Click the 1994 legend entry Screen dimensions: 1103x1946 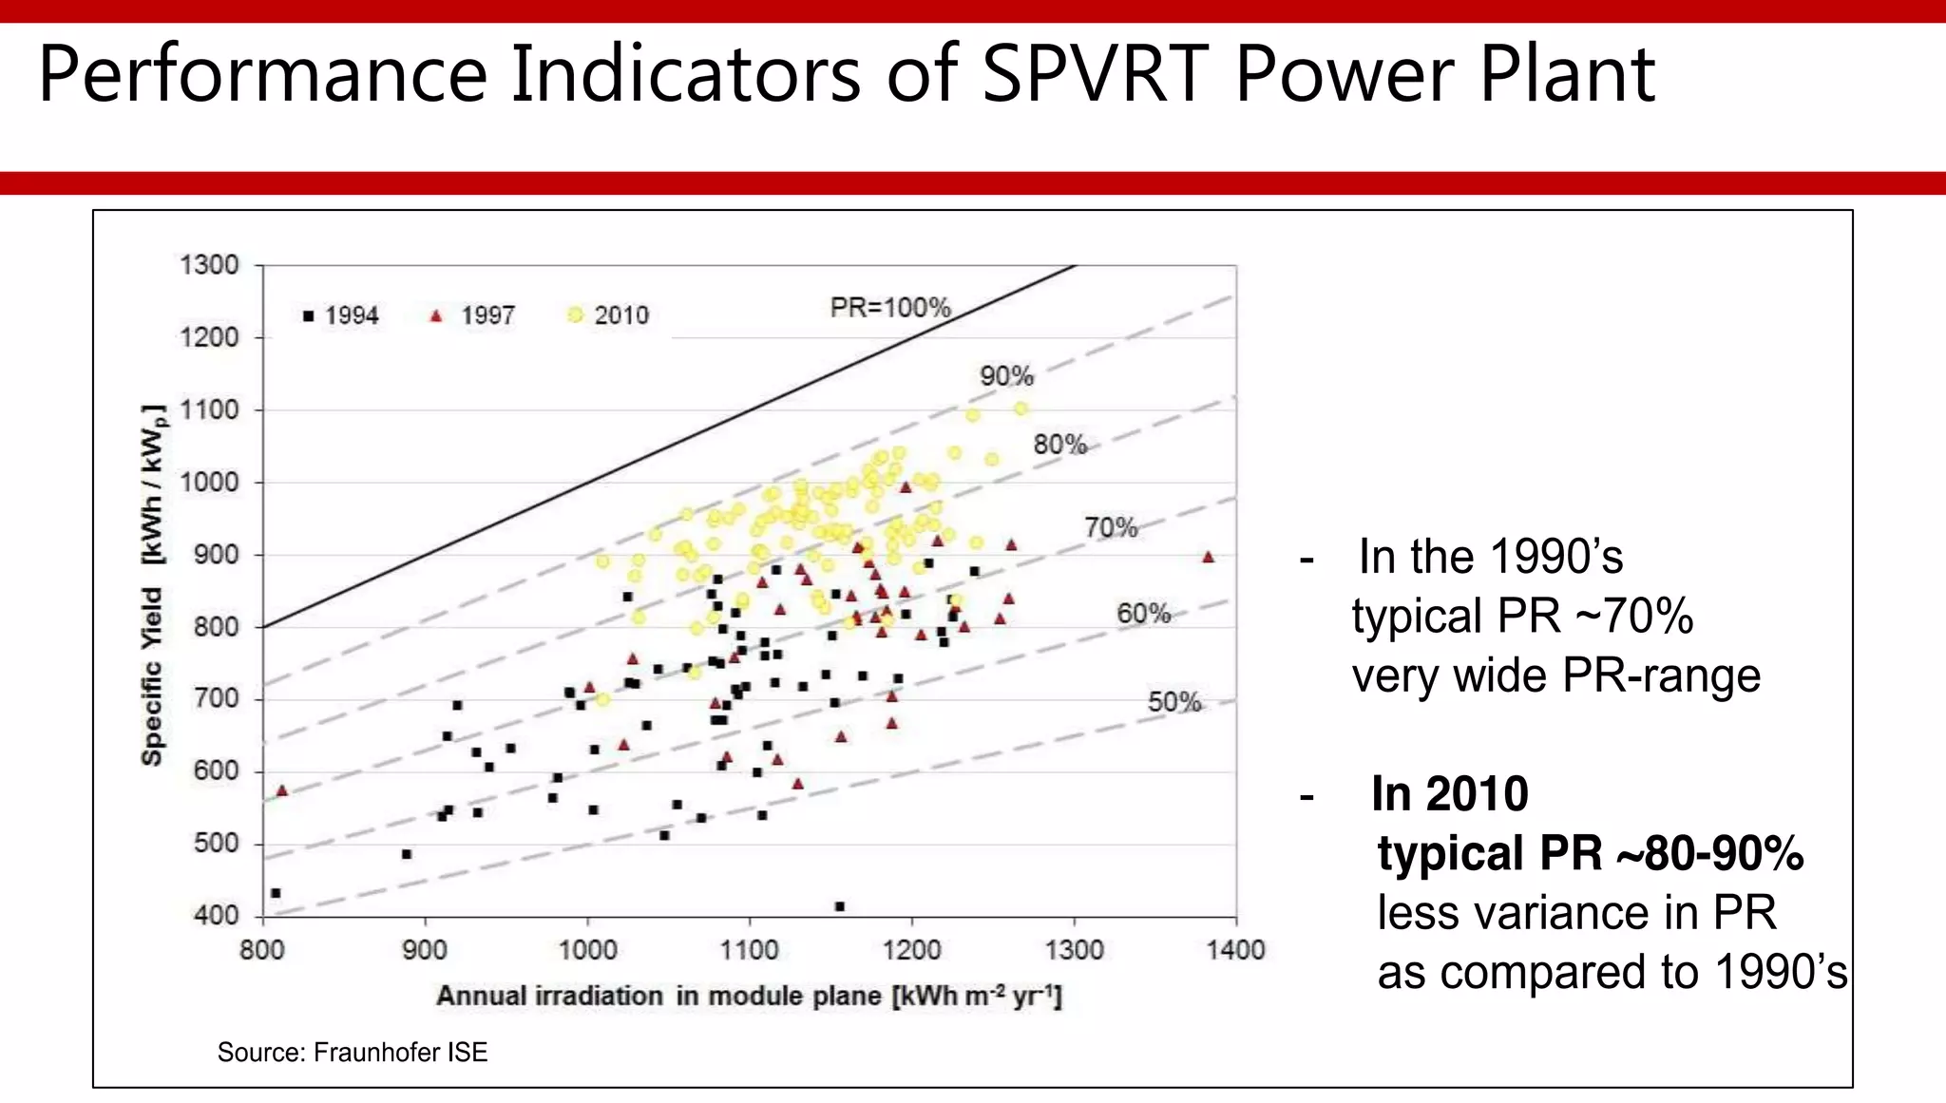pos(341,315)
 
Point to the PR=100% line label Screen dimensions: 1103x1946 pos(889,308)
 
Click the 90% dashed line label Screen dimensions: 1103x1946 pos(1006,376)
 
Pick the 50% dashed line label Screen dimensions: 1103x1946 pos(1174,702)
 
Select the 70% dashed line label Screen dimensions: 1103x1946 pos(1111,527)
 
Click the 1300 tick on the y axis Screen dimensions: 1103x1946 pos(209,265)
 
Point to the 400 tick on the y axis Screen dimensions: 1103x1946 pos(216,916)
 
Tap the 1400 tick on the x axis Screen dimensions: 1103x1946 pos(1235,950)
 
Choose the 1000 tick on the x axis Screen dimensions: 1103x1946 pos(587,950)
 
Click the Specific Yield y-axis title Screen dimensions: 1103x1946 pos(153,584)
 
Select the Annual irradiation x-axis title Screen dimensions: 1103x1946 pos(749,996)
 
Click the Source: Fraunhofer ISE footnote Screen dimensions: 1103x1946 pos(352,1053)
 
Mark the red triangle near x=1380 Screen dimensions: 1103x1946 pos(1208,558)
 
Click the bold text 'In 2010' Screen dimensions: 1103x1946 pos(1449,793)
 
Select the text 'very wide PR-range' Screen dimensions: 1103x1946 pos(1555,676)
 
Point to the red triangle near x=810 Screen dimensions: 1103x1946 pos(281,790)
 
